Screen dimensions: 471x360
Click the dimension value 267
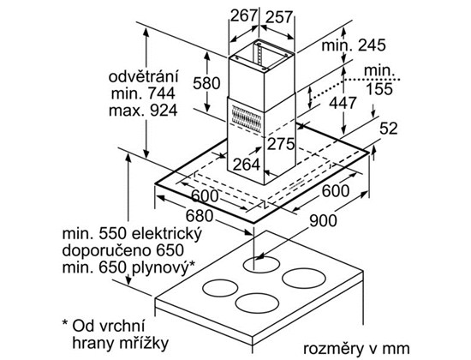point(243,15)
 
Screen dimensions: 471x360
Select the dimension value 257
point(279,17)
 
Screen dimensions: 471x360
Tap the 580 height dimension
point(206,83)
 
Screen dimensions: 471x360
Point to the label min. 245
point(353,45)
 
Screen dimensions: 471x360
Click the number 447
point(343,103)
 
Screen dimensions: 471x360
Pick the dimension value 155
point(379,89)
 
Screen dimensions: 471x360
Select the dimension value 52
point(389,129)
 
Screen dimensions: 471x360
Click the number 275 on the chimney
point(281,144)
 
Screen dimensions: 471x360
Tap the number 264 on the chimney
point(247,165)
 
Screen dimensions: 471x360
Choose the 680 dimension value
point(200,216)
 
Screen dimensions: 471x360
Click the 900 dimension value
point(323,221)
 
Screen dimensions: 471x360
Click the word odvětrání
point(143,76)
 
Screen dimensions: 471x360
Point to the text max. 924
point(143,111)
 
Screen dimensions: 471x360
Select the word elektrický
point(167,235)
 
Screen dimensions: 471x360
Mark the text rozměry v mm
point(356,349)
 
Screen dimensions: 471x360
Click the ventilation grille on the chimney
point(246,118)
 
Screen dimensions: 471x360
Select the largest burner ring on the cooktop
point(304,279)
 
